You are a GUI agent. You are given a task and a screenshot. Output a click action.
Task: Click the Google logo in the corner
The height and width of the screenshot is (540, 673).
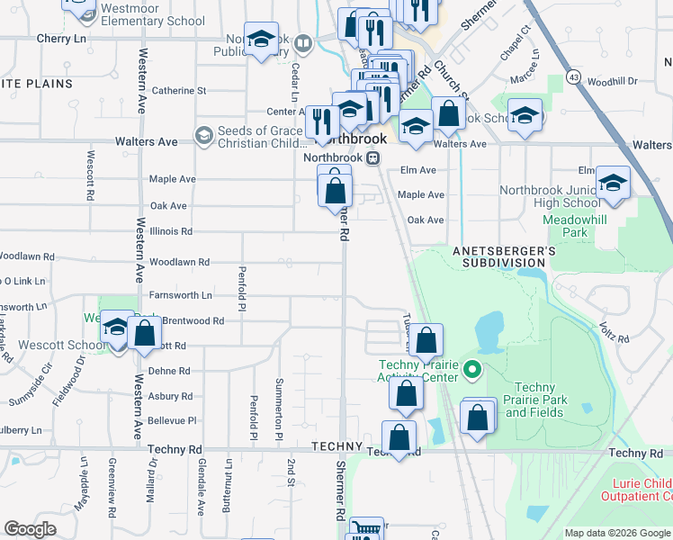coord(30,529)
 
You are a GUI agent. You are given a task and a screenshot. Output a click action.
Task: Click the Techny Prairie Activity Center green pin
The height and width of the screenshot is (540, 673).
coord(473,370)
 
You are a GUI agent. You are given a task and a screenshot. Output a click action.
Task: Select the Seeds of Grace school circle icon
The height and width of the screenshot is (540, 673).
coord(203,136)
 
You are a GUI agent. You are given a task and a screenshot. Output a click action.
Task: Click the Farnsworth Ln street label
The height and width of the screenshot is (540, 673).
coord(181,295)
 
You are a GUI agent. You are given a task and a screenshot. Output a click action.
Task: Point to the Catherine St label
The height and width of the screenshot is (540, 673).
coord(179,91)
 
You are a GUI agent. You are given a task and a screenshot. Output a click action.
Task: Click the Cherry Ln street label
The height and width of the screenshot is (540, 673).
coord(60,40)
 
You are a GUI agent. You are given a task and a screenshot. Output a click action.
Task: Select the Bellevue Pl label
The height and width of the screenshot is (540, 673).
coord(171,420)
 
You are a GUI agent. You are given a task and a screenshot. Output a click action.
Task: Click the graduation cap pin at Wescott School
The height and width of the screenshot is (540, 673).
coord(117,329)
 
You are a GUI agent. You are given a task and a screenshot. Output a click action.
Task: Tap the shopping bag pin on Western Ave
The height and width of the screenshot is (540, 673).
coord(145,334)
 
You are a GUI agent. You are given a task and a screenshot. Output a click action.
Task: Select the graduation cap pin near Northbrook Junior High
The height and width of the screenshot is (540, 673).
coord(613,184)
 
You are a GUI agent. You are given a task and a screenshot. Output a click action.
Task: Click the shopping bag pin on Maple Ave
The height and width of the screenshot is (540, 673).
coord(335,190)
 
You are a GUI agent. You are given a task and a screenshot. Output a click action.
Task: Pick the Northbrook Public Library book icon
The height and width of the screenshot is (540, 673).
coord(303,42)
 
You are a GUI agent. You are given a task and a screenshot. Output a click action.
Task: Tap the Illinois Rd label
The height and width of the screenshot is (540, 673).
coord(173,230)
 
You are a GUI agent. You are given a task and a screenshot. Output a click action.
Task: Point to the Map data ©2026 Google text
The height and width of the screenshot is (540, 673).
coord(617,532)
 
